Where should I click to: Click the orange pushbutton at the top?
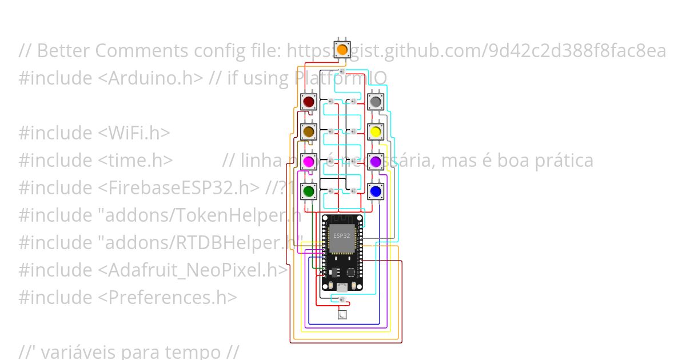click(342, 49)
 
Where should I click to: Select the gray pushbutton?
click(375, 102)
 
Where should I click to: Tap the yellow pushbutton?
click(375, 132)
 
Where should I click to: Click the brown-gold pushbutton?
click(309, 132)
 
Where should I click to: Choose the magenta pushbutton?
click(309, 162)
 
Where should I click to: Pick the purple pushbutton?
click(375, 162)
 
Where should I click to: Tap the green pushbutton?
click(309, 191)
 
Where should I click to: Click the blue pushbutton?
click(375, 191)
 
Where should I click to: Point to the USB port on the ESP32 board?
click(342, 286)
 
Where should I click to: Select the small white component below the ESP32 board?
click(342, 314)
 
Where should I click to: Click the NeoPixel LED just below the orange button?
click(342, 71)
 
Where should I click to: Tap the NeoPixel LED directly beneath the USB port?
click(342, 299)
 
